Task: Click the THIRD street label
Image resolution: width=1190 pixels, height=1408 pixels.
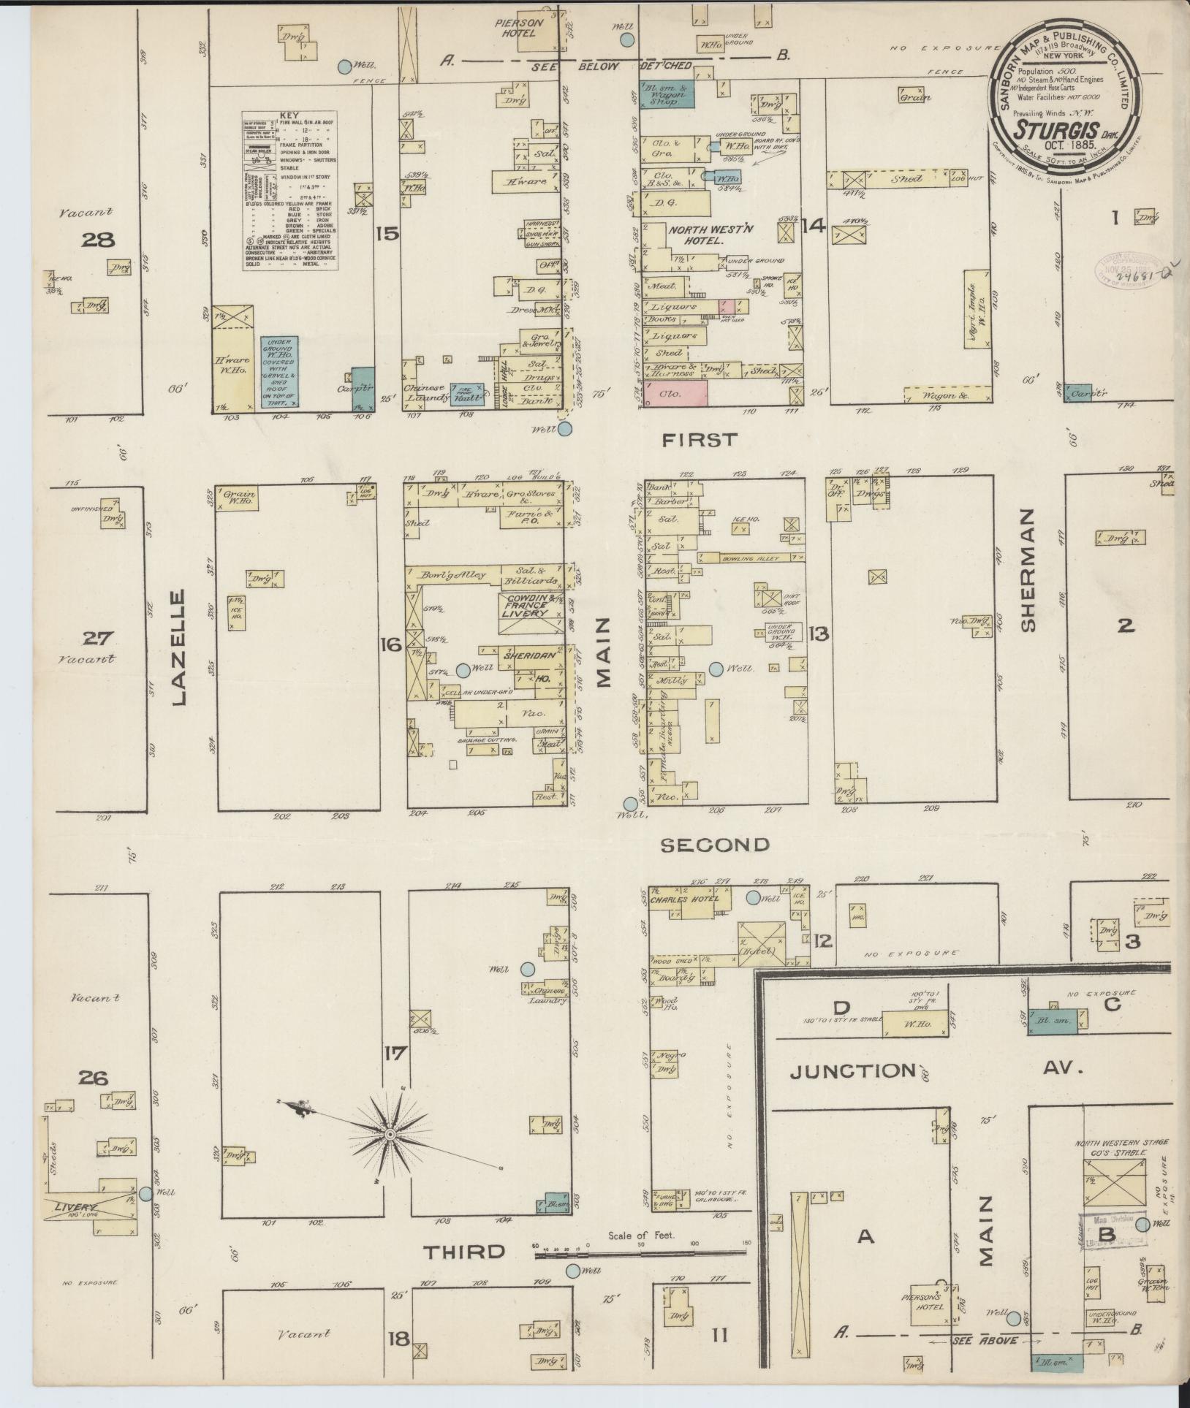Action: [x=465, y=1251]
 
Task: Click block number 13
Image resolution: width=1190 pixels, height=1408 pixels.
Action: [x=819, y=634]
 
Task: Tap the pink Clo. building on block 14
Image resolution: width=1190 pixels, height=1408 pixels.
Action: [x=675, y=393]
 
